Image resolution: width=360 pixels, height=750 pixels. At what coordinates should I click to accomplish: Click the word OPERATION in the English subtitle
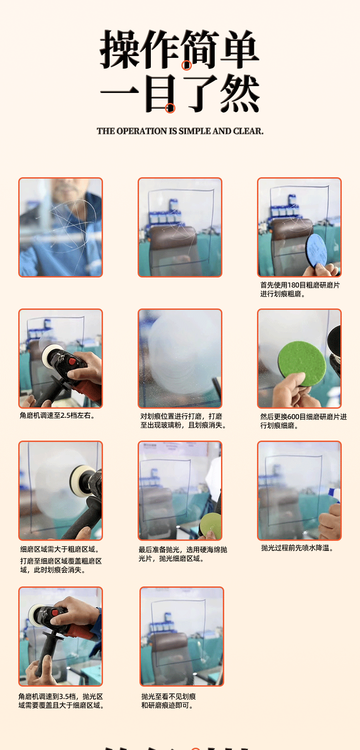coord(141,131)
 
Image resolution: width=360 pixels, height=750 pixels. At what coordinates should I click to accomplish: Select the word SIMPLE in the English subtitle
coord(195,131)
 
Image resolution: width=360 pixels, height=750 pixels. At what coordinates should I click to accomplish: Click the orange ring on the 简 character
coord(186,65)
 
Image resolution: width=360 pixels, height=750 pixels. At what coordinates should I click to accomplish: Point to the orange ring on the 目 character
coord(170,108)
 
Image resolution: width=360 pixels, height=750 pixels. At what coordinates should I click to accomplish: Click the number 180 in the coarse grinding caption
coord(293,285)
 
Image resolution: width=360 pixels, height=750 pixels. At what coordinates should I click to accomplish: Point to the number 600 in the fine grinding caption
coord(293,417)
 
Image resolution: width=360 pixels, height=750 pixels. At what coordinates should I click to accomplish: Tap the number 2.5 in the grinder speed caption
coord(66,416)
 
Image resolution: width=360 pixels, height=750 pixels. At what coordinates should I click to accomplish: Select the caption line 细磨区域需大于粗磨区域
coord(60,550)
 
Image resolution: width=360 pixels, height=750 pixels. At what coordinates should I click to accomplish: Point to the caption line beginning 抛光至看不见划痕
coord(169,697)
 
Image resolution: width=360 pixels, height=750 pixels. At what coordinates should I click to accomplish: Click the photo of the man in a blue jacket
coord(60,227)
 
